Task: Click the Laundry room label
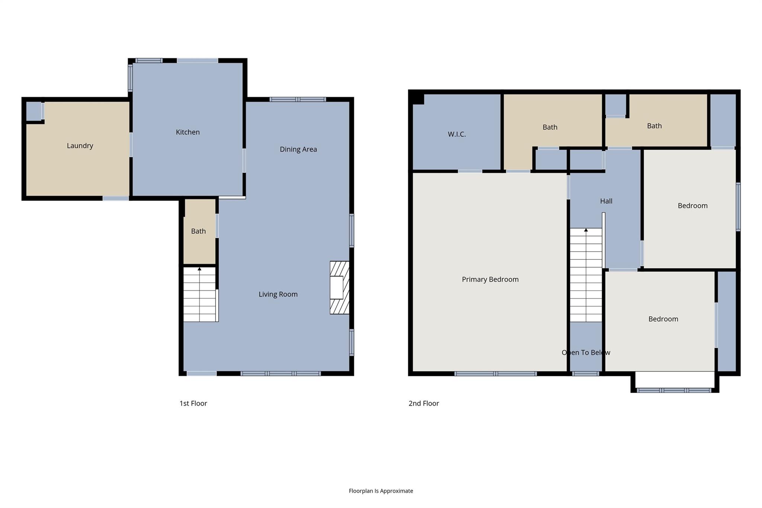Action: click(80, 146)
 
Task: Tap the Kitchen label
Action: click(188, 132)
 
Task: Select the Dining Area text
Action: click(298, 149)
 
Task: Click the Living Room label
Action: click(278, 294)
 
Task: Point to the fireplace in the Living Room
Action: click(339, 287)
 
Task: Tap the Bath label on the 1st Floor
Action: click(198, 231)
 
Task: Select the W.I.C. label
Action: click(457, 134)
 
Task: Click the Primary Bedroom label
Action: click(490, 279)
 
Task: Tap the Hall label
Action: click(606, 201)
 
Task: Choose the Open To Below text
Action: click(586, 352)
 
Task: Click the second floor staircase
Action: click(586, 275)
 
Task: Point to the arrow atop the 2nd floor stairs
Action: click(586, 230)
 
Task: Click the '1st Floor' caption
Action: click(193, 403)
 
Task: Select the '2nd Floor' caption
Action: click(423, 403)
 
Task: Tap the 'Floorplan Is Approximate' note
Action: click(381, 491)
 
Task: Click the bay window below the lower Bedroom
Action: click(674, 390)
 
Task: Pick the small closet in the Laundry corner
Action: click(33, 111)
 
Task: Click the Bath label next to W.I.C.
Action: click(550, 127)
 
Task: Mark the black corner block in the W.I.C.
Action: click(418, 99)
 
